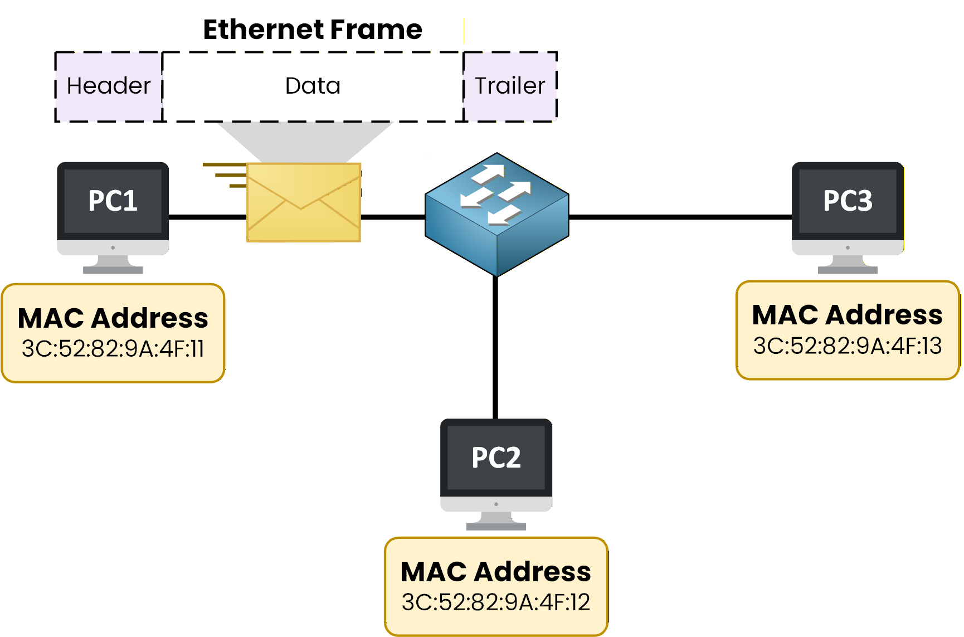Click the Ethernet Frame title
tap(312, 30)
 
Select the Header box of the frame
tap(109, 86)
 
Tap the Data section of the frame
tap(313, 86)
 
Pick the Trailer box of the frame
tap(510, 86)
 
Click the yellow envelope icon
tap(304, 203)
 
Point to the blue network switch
tap(496, 215)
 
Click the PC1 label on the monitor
tap(113, 201)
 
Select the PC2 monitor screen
tap(496, 458)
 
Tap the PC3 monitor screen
tap(848, 201)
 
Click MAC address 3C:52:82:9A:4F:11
tap(113, 349)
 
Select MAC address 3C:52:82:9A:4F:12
tap(496, 602)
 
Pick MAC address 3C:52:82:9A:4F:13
tap(847, 346)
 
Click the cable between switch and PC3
tap(680, 217)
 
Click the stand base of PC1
tap(113, 270)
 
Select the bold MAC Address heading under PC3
tap(847, 315)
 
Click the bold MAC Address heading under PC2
tap(496, 572)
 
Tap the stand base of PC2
tap(496, 526)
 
